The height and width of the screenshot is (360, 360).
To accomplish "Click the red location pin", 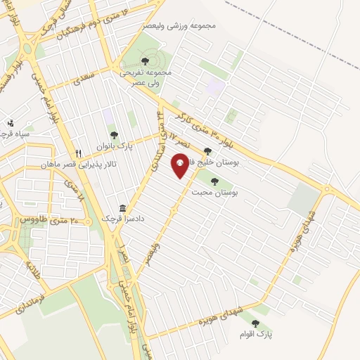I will [180, 166].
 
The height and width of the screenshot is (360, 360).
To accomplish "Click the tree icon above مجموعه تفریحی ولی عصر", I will [145, 60].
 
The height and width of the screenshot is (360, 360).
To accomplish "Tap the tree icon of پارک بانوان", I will [113, 135].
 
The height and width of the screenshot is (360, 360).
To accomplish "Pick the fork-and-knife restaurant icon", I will [79, 153].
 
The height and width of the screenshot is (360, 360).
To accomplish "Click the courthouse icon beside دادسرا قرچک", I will [123, 208].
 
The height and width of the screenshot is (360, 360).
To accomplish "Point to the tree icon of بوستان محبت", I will [214, 181].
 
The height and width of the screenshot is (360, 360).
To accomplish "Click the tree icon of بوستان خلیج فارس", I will [207, 150].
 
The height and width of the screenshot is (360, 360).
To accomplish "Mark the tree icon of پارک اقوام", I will [255, 323].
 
